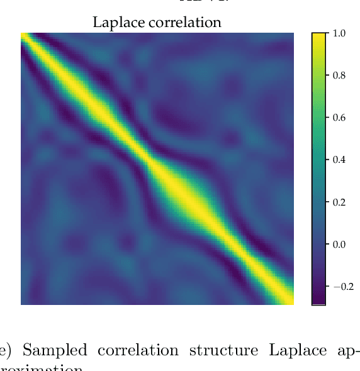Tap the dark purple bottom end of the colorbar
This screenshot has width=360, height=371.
click(318, 301)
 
